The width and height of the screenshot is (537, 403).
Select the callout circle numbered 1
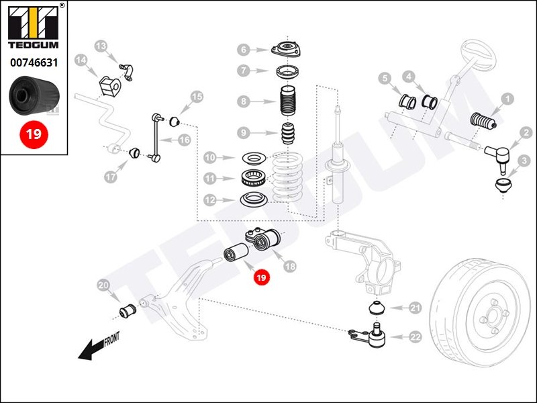pyautogui.click(x=507, y=99)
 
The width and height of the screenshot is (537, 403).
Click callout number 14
pyautogui.click(x=81, y=60)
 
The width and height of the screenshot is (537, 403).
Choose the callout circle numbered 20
pyautogui.click(x=103, y=285)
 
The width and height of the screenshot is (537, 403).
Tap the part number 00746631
pyautogui.click(x=33, y=62)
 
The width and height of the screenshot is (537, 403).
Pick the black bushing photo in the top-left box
pyautogui.click(x=34, y=97)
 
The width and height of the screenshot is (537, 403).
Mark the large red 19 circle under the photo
pyautogui.click(x=33, y=134)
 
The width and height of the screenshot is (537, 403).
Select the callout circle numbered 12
pyautogui.click(x=209, y=200)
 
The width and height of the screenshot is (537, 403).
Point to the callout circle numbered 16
pyautogui.click(x=184, y=140)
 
